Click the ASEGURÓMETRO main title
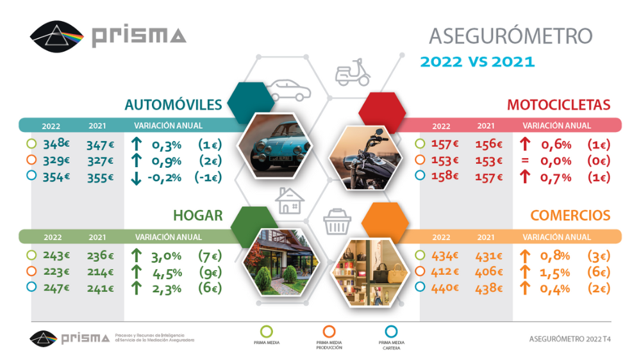[510, 35]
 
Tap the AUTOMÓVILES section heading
[173, 104]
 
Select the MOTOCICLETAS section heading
[558, 105]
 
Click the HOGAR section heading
[197, 215]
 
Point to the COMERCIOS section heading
[570, 216]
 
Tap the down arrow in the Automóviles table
[135, 177]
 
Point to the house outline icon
[289, 200]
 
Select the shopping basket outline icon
[337, 222]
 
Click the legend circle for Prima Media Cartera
[391, 331]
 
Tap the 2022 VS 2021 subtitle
[477, 62]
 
